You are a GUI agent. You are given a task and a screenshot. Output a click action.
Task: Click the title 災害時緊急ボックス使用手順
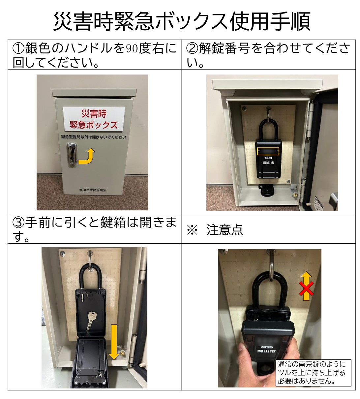182,21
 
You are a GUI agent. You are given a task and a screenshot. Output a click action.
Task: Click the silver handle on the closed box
71,155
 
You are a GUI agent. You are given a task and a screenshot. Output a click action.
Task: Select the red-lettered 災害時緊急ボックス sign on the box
94,119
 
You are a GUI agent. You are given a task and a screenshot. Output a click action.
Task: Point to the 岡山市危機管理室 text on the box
93,190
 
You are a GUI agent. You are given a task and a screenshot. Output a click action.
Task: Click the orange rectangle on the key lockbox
268,151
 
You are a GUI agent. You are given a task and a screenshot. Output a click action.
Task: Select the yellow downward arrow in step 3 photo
114,342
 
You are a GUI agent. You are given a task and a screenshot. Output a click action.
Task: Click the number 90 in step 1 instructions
132,48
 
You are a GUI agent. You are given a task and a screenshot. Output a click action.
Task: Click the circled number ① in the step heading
18,48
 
